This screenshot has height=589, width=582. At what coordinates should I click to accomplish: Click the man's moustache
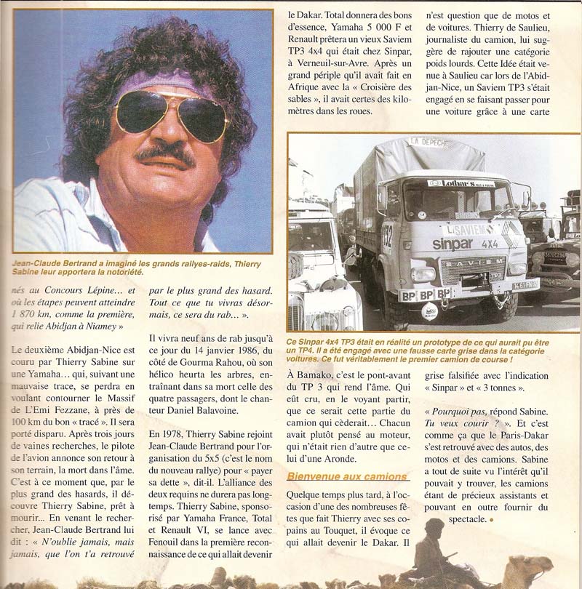(166, 154)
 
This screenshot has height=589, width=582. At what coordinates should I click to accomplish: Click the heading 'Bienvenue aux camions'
(346, 476)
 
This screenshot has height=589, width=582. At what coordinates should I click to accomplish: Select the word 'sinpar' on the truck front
(453, 244)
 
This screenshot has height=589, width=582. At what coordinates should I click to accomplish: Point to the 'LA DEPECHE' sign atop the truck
(428, 142)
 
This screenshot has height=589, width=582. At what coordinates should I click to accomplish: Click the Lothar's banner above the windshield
(460, 184)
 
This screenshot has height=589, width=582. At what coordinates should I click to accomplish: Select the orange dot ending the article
(491, 519)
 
